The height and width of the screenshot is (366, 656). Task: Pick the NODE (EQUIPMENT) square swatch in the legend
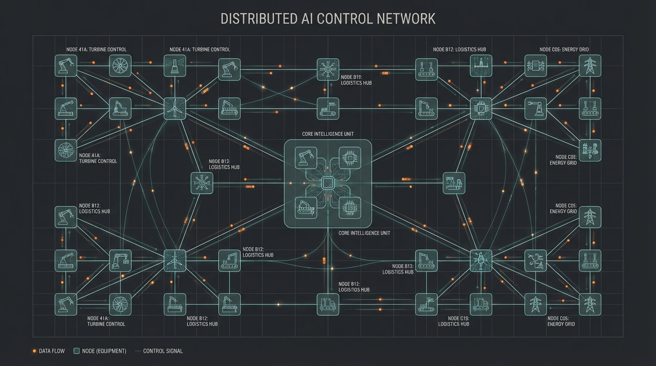pos(76,351)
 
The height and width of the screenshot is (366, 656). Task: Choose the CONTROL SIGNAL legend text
pos(163,351)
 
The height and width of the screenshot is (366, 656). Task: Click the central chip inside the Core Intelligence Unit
pos(328,183)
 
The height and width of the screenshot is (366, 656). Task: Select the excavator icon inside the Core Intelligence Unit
pos(306,208)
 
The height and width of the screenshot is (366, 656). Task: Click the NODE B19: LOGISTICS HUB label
pos(356,80)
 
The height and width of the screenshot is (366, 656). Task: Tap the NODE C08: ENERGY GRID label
pos(566,160)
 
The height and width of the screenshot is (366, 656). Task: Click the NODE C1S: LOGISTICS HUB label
pos(453,321)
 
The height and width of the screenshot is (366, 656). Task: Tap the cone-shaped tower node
pos(174,66)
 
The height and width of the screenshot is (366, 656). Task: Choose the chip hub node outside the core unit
pos(481,109)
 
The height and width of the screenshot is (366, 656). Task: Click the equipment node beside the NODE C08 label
pos(590,151)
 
